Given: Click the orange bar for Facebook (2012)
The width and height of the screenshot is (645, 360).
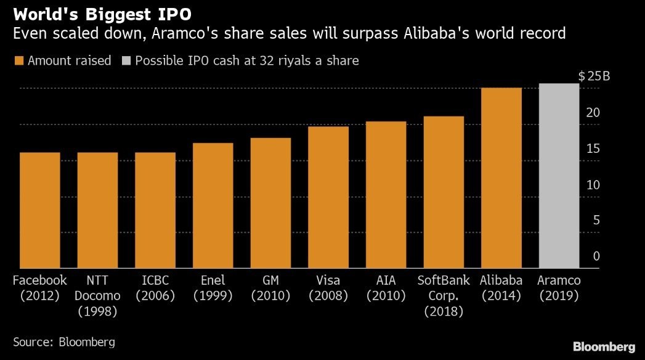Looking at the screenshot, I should (39, 210).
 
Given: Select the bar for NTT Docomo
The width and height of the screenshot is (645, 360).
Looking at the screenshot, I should (97, 210).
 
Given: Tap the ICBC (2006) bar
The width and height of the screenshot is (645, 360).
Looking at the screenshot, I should (155, 210).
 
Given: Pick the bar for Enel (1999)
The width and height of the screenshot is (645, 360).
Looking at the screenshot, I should (213, 206).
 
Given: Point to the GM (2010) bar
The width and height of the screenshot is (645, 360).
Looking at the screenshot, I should (270, 203).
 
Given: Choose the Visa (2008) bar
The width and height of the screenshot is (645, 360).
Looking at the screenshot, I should (328, 197).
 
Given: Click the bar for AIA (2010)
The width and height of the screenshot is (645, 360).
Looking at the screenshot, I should (386, 195).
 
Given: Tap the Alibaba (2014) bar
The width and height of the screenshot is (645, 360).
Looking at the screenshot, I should (501, 178).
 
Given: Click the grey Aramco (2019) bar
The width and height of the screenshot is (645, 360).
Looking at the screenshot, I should (559, 176).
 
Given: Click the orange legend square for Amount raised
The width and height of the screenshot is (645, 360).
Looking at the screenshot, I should (18, 61).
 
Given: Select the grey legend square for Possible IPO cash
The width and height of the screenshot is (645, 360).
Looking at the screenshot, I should (126, 61).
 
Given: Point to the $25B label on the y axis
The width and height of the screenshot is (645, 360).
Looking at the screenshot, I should (594, 76).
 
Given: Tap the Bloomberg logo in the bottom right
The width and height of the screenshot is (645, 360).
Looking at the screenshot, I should (604, 346).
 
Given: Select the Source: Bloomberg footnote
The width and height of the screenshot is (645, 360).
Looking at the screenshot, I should (64, 341).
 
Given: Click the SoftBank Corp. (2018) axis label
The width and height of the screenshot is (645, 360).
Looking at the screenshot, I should (444, 295).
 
